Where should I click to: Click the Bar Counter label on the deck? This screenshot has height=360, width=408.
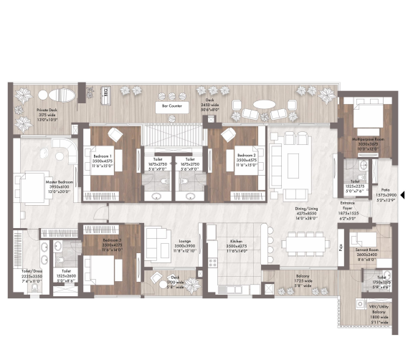pos(171,105)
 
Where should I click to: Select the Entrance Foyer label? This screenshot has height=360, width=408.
pos(351,207)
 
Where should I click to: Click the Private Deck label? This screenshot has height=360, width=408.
pos(47,113)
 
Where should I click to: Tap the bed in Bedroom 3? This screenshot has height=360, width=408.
pos(102,267)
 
